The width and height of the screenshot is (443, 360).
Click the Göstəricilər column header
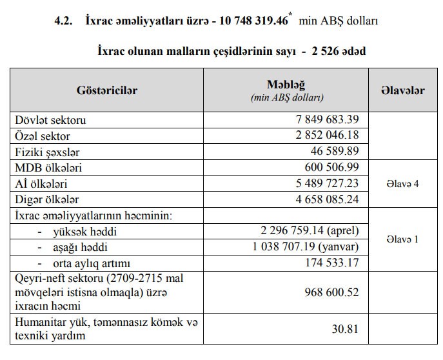pos(106,91)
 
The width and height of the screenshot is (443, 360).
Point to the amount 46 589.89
pos(331,152)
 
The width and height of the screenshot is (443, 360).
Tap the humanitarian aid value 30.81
pos(346,328)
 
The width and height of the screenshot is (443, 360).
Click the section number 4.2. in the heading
pos(66,21)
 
